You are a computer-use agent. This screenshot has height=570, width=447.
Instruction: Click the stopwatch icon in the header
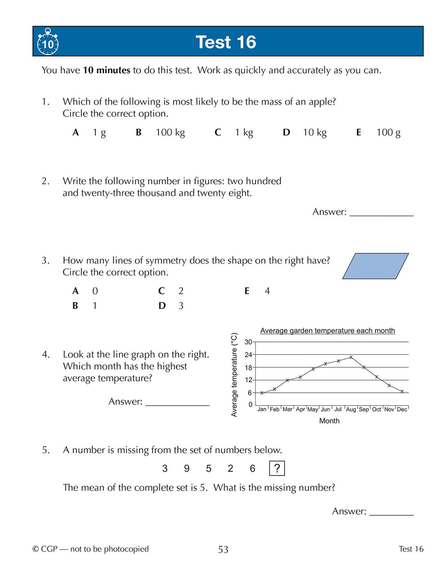(48, 42)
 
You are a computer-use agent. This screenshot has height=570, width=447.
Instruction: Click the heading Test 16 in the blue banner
(226, 42)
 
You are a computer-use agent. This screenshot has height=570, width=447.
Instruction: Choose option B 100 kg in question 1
(161, 133)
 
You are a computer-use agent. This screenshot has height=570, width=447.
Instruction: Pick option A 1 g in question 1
(89, 133)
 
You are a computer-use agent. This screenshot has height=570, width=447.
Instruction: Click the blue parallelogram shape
(375, 266)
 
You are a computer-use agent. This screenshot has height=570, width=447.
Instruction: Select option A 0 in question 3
(85, 291)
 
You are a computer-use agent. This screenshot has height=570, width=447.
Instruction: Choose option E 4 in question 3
(257, 291)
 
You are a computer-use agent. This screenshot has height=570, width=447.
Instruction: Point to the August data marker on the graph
(351, 357)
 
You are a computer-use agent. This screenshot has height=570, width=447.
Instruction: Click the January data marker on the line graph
(262, 393)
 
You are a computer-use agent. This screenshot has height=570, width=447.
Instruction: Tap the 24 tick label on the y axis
(248, 355)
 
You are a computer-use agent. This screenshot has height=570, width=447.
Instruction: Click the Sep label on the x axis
(364, 410)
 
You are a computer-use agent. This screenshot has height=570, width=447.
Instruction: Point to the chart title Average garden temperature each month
(327, 331)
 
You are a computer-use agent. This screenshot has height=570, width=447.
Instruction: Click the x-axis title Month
(329, 421)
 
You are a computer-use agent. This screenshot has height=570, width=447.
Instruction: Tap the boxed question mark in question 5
(277, 468)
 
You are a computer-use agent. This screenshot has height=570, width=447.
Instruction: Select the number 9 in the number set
(187, 468)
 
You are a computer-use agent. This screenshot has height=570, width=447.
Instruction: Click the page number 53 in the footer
(223, 550)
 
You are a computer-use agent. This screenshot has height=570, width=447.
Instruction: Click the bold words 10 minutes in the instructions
(107, 70)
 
